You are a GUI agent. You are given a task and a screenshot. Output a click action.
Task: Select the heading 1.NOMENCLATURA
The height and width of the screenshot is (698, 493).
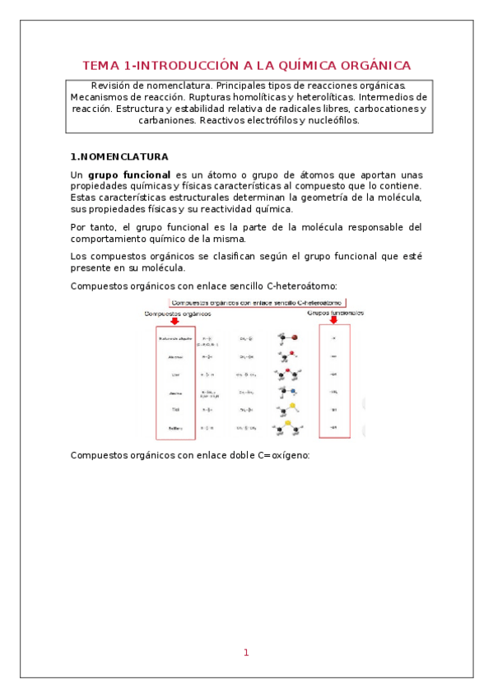pos(119,156)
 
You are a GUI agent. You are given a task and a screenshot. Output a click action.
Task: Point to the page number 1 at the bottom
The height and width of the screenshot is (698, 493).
pos(245,653)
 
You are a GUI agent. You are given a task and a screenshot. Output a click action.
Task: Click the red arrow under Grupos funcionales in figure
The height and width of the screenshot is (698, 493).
pos(333,319)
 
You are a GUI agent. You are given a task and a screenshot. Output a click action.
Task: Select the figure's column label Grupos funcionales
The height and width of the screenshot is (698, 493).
pos(336,312)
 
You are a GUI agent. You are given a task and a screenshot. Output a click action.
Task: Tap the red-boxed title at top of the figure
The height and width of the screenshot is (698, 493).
pos(258,302)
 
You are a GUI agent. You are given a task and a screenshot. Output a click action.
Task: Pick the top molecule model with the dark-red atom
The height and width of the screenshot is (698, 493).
pos(289,337)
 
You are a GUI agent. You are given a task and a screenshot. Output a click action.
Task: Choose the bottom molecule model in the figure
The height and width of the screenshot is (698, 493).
pos(288,429)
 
